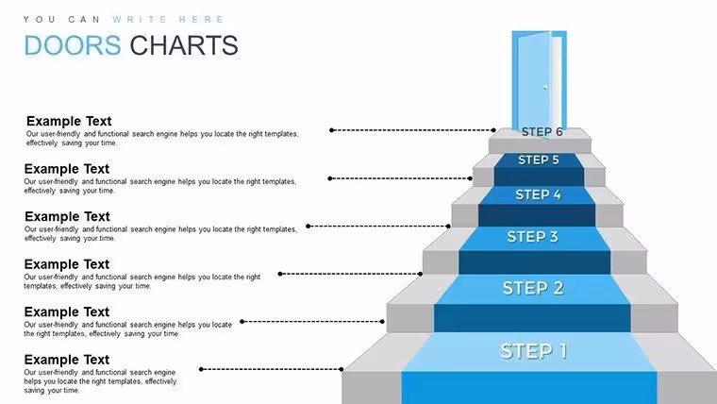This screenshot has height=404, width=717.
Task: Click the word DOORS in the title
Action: pyautogui.click(x=73, y=45)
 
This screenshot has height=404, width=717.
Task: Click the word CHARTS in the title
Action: pyautogui.click(x=184, y=45)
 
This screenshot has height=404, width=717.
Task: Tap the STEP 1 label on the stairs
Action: pyautogui.click(x=534, y=351)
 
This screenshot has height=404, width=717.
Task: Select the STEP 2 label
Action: pyautogui.click(x=533, y=288)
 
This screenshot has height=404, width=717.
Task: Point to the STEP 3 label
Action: pyautogui.click(x=532, y=237)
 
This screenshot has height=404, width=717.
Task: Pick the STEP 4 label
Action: pyautogui.click(x=538, y=194)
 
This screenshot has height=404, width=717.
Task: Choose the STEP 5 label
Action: pyautogui.click(x=538, y=160)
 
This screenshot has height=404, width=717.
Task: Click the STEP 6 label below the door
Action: pyautogui.click(x=542, y=132)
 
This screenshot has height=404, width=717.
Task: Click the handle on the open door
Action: pyautogui.click(x=545, y=87)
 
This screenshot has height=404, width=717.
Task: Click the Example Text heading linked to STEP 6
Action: pyautogui.click(x=69, y=121)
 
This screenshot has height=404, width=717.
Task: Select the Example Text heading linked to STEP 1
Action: pyautogui.click(x=67, y=360)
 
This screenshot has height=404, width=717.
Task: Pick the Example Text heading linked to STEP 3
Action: pyautogui.click(x=67, y=216)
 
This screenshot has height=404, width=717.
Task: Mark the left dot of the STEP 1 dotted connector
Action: pyautogui.click(x=201, y=369)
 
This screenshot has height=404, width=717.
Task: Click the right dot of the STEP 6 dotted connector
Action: pyautogui.click(x=493, y=130)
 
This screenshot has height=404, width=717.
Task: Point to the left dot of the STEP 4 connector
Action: pyautogui.click(x=308, y=226)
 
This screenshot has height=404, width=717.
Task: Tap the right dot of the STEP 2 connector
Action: pyautogui.click(x=382, y=322)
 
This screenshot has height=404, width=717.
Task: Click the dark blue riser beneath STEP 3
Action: pyautogui.click(x=535, y=262)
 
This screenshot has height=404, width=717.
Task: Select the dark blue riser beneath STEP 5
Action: pyautogui.click(x=539, y=177)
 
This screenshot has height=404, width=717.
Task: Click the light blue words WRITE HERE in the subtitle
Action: pyautogui.click(x=168, y=19)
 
